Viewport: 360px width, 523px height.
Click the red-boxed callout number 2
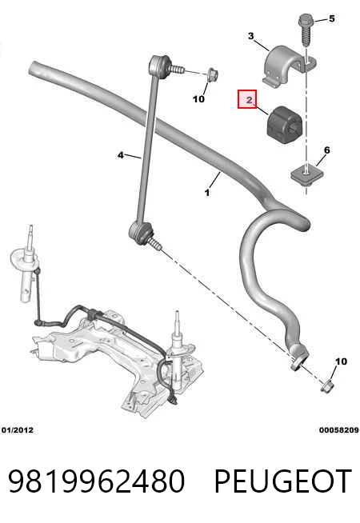[250, 99]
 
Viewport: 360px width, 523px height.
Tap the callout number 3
[251, 36]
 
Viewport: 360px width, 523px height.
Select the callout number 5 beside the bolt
[331, 18]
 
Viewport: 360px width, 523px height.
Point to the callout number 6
[327, 150]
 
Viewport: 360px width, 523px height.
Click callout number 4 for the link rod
[121, 155]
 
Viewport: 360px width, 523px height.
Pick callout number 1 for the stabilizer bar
[207, 193]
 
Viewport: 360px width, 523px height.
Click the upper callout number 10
[198, 98]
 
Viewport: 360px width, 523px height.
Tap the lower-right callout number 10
[341, 361]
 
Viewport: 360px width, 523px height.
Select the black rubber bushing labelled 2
[284, 125]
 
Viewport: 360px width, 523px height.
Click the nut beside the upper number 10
[212, 74]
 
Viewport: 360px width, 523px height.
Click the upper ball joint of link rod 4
[161, 66]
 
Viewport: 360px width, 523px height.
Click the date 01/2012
[18, 430]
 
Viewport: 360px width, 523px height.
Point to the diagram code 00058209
[339, 430]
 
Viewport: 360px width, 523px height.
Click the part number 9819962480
[96, 481]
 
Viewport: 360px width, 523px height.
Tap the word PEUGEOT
[283, 481]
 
